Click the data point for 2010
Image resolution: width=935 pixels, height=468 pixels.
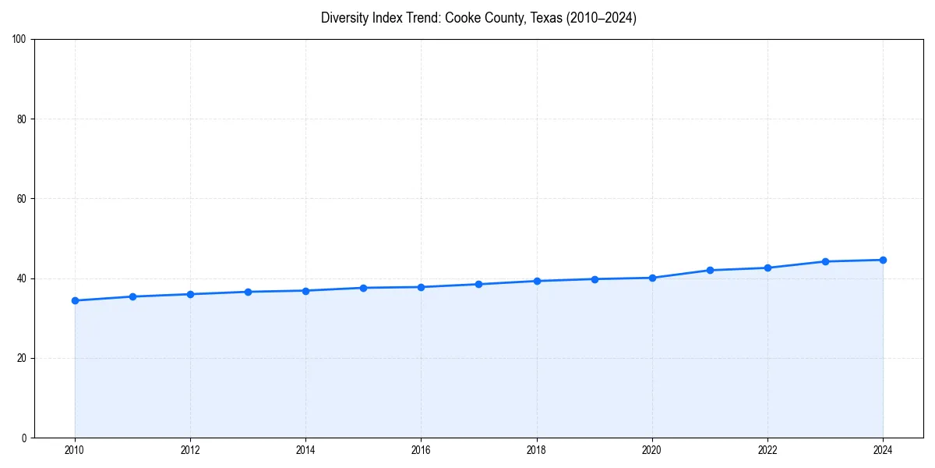click(75, 300)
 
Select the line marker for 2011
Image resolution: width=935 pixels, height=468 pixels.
click(132, 296)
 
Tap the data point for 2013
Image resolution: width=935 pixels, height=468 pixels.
click(248, 292)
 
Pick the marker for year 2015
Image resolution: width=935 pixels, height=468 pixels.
click(363, 288)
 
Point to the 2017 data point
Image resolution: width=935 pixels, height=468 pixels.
click(478, 284)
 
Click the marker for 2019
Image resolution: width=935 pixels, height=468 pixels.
click(595, 279)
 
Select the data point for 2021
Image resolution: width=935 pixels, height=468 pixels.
click(710, 270)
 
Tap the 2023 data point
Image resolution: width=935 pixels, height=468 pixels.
click(825, 261)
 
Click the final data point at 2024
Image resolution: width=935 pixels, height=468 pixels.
click(883, 260)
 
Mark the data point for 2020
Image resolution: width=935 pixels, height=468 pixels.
click(652, 278)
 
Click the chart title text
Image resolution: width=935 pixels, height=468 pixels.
click(478, 18)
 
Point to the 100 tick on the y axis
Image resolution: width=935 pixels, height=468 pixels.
click(19, 39)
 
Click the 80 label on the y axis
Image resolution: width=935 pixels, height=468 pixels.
click(22, 119)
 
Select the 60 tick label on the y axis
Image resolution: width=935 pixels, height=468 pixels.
click(22, 199)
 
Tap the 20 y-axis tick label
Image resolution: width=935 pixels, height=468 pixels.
click(22, 358)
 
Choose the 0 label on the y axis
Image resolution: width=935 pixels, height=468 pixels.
click(24, 438)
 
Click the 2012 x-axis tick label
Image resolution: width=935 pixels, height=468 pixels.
click(190, 450)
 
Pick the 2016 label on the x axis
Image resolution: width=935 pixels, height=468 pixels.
click(421, 450)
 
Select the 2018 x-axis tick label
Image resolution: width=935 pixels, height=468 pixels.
click(536, 450)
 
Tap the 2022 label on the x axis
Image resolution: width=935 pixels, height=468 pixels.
click(767, 450)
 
